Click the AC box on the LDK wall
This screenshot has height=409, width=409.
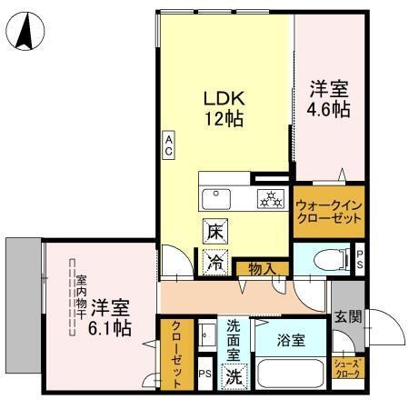point(169,144)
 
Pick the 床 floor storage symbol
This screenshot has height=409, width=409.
point(214,231)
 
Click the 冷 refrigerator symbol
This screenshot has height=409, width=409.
point(214,262)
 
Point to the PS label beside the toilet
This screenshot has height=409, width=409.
point(360,260)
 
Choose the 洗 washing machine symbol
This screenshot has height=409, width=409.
point(234,373)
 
